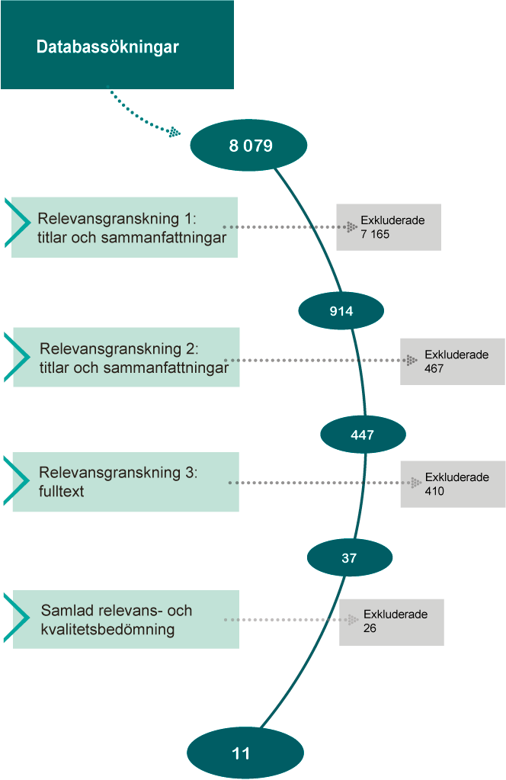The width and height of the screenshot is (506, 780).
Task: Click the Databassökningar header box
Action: [117, 45]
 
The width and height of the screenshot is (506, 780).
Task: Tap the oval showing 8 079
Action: [248, 145]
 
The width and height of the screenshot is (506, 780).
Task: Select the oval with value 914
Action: [341, 310]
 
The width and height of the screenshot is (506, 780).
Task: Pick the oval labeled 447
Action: [363, 435]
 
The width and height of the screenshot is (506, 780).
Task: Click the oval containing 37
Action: [349, 558]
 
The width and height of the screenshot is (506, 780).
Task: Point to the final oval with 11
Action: [241, 753]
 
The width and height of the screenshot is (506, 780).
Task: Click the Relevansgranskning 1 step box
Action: [124, 227]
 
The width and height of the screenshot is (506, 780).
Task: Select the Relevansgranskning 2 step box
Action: [126, 357]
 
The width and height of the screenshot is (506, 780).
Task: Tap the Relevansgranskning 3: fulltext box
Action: [126, 482]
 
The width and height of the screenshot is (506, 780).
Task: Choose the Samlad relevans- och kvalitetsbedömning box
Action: [126, 619]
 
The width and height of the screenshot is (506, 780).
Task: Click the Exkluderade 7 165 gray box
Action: [389, 227]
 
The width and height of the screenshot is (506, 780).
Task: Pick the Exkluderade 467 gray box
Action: [453, 361]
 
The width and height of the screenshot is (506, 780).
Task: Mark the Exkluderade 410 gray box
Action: [453, 484]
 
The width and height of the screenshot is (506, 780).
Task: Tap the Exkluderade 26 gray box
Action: [392, 622]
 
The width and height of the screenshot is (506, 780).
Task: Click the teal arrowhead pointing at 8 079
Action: [175, 132]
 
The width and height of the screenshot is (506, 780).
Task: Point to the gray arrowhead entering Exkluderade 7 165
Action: [351, 226]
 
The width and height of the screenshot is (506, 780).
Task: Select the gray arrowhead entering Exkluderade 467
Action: [412, 360]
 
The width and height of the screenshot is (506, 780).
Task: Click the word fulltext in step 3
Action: [62, 491]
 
